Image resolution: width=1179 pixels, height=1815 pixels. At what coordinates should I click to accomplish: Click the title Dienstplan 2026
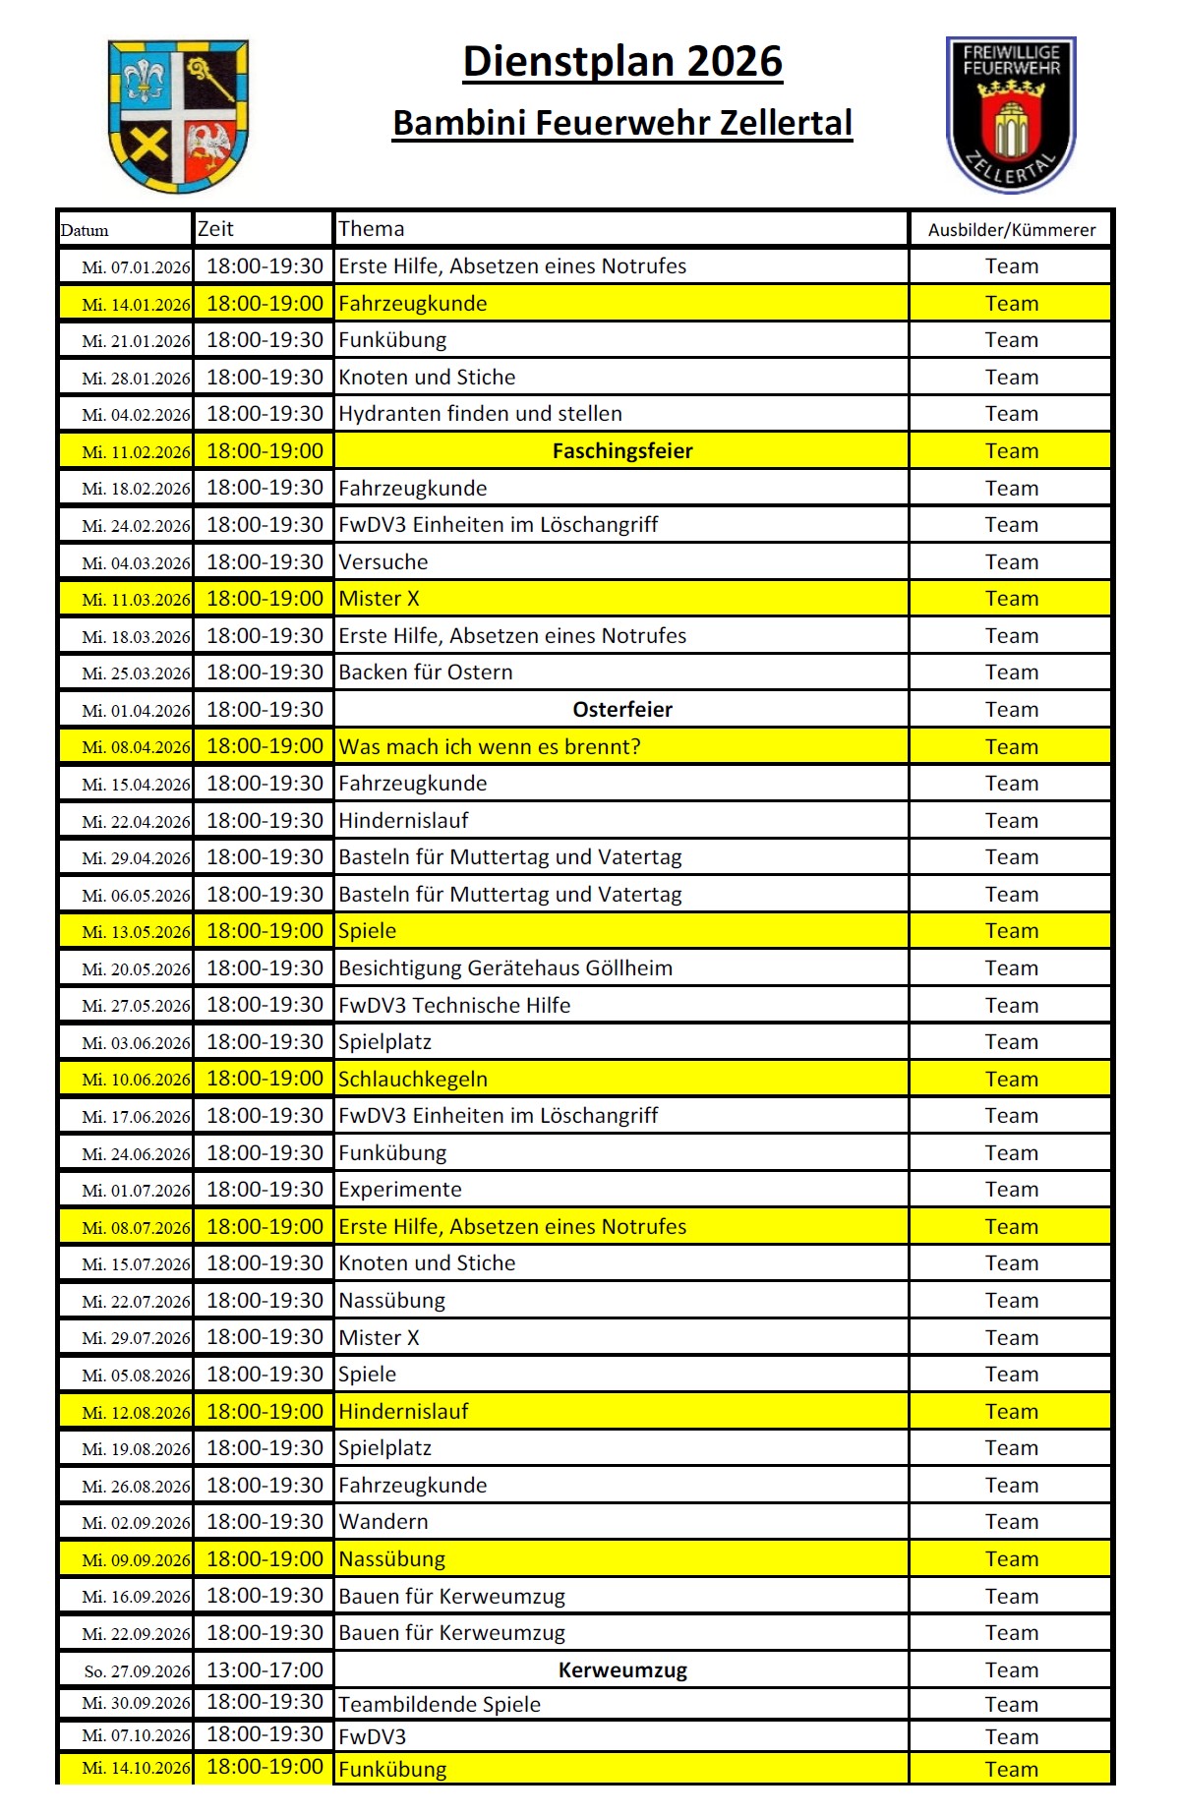[x=622, y=62]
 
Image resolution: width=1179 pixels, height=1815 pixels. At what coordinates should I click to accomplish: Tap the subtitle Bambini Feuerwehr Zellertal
[x=622, y=124]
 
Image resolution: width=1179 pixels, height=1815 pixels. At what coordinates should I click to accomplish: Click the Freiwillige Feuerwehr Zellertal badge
[x=1011, y=114]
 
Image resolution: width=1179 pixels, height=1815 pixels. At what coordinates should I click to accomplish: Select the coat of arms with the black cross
[x=178, y=116]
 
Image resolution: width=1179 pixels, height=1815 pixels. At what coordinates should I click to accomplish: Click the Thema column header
[x=372, y=229]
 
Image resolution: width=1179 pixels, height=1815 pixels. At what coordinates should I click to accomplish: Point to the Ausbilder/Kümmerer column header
[x=1011, y=230]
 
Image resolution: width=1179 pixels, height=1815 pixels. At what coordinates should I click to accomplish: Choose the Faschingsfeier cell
[x=622, y=451]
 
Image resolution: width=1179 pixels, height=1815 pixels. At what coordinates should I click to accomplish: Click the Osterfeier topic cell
[x=622, y=710]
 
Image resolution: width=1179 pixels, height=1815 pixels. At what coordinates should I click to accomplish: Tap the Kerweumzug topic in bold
[x=622, y=1670]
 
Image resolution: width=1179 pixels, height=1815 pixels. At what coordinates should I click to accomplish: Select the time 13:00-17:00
[x=265, y=1669]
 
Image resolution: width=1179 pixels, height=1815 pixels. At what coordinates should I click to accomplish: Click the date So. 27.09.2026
[x=137, y=1671]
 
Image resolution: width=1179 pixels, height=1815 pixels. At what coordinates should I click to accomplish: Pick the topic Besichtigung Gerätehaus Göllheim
[x=505, y=968]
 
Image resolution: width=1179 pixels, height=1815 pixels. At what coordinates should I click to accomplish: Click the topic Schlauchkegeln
[x=413, y=1080]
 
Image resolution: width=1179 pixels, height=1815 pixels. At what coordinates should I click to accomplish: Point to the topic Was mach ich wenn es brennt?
[x=490, y=747]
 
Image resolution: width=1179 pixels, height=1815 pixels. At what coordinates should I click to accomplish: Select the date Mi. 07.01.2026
[x=136, y=267]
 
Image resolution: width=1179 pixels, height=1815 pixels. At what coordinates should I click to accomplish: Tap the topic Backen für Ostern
[x=426, y=673]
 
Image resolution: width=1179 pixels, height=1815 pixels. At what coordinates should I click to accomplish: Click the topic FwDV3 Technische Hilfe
[x=454, y=1006]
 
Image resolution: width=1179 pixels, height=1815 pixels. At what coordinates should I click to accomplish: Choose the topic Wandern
[x=383, y=1522]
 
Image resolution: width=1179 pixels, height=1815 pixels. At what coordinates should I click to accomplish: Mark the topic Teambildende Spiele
[x=440, y=1705]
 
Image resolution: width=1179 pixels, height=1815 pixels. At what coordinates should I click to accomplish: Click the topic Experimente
[x=400, y=1190]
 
